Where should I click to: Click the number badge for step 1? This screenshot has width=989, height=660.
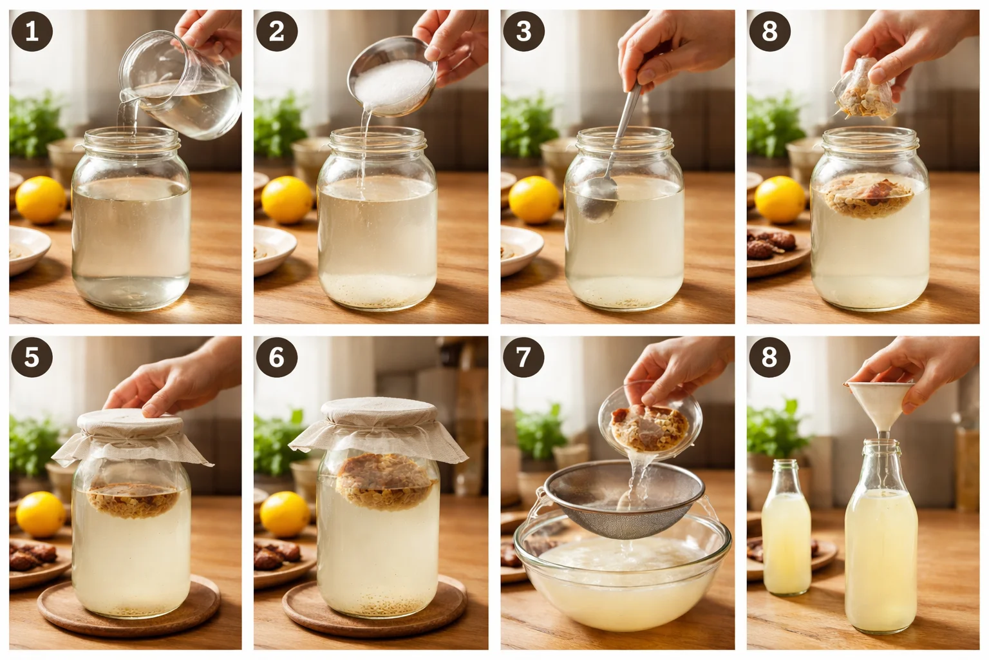pos(31,31)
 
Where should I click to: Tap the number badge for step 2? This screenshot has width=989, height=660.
pos(276,31)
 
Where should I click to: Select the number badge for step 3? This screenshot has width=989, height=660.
pos(523,31)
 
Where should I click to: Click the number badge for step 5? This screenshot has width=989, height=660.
pos(31,356)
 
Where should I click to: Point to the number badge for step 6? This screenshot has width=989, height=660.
pos(276,356)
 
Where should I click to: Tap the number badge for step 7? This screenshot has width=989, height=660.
pos(523,356)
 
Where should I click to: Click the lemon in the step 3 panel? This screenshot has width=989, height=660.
pos(533,199)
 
